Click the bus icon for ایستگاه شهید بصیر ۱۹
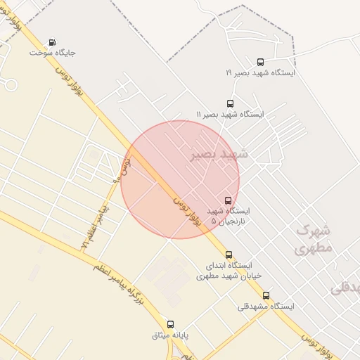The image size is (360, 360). [x=261, y=62]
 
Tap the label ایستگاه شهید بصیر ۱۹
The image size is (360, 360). [x=260, y=73]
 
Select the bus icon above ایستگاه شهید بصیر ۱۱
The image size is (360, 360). [x=230, y=103]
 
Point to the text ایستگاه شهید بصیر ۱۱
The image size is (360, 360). [x=229, y=114]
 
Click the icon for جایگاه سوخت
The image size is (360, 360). [x=53, y=41]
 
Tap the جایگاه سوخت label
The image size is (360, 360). [x=53, y=52]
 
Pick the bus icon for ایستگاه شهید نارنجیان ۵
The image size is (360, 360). [x=227, y=200]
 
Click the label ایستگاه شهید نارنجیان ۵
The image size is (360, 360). [x=228, y=215]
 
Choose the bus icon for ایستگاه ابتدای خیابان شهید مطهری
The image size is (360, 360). [x=229, y=255]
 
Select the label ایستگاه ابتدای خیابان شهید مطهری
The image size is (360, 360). [x=229, y=270]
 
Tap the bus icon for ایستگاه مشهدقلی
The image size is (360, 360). [x=266, y=295]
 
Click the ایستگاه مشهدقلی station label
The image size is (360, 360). [x=265, y=306]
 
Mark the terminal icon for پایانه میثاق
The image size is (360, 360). [x=160, y=324]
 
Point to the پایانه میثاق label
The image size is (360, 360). [x=171, y=335]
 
